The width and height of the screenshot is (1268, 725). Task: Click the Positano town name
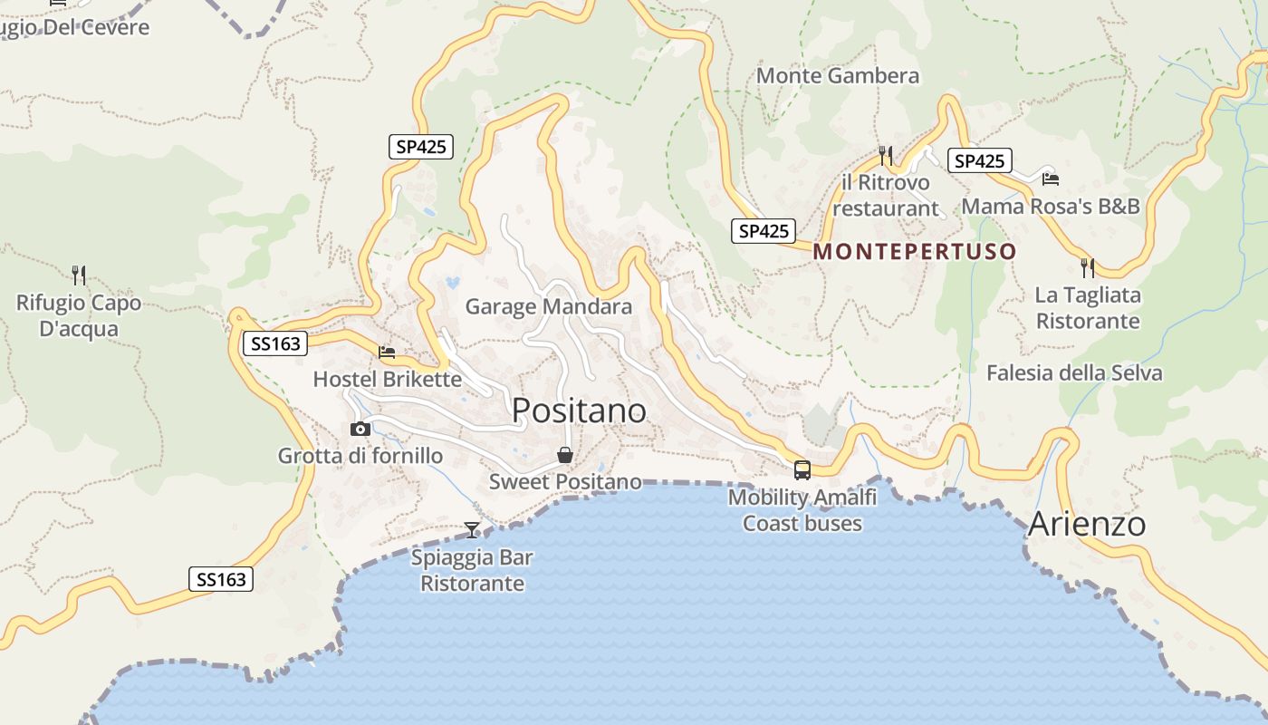(x=579, y=411)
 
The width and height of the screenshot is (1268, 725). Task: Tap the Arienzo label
(x=1087, y=524)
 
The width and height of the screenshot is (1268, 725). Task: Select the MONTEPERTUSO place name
(x=915, y=251)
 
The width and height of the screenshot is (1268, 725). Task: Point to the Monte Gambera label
(x=838, y=76)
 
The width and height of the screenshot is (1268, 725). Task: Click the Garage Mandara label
(x=549, y=306)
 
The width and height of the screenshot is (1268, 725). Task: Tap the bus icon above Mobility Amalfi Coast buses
(x=802, y=469)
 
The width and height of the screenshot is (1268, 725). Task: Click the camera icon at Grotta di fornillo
(x=360, y=429)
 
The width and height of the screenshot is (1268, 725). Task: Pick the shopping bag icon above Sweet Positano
(x=565, y=455)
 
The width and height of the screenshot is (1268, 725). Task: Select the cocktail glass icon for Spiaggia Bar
(x=472, y=529)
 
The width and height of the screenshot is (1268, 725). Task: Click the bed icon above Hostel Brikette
(x=387, y=352)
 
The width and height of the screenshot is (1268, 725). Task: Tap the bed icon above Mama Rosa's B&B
(x=1051, y=179)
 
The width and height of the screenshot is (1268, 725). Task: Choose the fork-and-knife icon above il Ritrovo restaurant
(x=886, y=156)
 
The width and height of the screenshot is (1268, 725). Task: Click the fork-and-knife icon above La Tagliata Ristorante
(x=1088, y=267)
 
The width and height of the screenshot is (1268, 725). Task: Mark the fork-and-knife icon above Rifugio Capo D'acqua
(x=79, y=275)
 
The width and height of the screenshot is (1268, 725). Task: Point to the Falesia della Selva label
(x=1074, y=372)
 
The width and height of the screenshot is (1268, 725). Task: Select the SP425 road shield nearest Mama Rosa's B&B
(x=979, y=160)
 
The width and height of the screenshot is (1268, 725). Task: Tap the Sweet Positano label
(x=565, y=482)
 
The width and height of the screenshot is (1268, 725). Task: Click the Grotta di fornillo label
(x=360, y=456)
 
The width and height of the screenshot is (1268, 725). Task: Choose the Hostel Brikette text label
(x=387, y=379)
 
